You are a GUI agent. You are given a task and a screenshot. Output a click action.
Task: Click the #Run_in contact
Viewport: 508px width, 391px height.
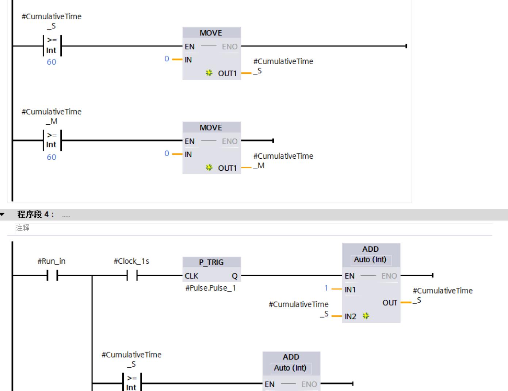[52, 276]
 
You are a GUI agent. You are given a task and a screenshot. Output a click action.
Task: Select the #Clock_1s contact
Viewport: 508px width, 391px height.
[131, 276]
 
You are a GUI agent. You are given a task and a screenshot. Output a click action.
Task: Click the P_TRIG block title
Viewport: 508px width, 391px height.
[211, 262]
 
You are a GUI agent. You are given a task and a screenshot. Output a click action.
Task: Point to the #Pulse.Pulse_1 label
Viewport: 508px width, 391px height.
[210, 288]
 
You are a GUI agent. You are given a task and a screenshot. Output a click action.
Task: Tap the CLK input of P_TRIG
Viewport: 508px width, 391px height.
[191, 276]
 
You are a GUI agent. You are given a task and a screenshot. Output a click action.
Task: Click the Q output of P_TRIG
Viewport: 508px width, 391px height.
[234, 276]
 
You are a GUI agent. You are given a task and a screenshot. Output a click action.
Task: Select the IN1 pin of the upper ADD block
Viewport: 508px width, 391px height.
[350, 290]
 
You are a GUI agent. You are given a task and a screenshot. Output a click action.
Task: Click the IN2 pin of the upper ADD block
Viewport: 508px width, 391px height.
[350, 316]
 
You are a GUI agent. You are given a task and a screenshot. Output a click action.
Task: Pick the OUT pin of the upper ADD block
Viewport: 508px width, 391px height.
[390, 303]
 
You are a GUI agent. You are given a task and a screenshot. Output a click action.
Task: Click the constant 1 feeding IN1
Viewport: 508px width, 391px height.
[326, 288]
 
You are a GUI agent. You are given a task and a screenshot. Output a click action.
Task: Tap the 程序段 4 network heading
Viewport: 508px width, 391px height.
[36, 214]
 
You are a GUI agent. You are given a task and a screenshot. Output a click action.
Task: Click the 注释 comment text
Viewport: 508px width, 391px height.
[23, 228]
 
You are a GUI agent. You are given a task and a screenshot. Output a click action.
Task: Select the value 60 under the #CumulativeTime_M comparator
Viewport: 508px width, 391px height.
[51, 157]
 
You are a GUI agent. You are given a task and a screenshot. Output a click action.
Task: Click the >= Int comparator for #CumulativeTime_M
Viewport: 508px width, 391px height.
[52, 140]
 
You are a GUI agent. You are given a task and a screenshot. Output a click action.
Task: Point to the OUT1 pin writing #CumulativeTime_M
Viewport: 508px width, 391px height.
[227, 168]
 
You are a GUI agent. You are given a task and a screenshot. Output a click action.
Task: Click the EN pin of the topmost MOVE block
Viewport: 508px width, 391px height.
[190, 47]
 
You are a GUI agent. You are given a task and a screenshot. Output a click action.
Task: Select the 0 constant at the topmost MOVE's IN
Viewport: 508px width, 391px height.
[167, 59]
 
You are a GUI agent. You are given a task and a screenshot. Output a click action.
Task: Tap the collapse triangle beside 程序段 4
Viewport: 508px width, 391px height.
[3, 214]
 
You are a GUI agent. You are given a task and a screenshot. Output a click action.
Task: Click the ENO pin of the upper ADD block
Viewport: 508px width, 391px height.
[389, 276]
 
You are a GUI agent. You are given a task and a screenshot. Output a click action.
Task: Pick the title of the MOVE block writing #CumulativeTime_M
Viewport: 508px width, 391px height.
[211, 128]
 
